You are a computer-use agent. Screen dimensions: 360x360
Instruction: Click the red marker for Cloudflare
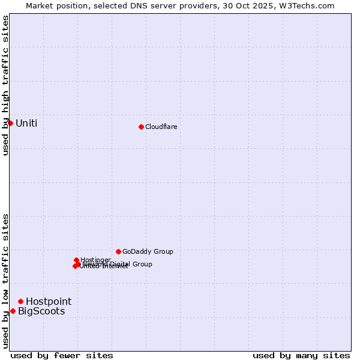point(141,127)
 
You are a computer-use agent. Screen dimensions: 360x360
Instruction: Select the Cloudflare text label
point(161,127)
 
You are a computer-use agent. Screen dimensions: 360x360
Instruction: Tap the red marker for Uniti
point(10,123)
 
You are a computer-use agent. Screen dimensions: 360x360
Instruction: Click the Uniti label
point(26,124)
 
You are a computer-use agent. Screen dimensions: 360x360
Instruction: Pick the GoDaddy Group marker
point(118,251)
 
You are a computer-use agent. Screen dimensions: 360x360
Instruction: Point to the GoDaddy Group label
point(148,252)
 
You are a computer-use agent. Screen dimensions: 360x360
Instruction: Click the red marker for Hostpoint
point(20,301)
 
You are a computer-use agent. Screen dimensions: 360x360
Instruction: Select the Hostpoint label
point(48,301)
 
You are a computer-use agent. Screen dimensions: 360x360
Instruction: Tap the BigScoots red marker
point(13,311)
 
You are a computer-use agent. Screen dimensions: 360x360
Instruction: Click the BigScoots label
point(41,311)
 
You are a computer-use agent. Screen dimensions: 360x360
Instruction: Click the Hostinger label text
point(96,259)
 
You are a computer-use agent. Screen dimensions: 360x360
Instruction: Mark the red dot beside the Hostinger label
point(76,260)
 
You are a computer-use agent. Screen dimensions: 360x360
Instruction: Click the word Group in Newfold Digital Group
point(142,264)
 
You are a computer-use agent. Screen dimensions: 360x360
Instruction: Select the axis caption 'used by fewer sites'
point(62,355)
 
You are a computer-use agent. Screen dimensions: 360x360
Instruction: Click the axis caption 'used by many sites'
point(301,355)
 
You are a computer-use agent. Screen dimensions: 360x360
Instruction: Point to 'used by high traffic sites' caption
point(5,85)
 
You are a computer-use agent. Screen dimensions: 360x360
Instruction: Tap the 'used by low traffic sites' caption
point(5,280)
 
